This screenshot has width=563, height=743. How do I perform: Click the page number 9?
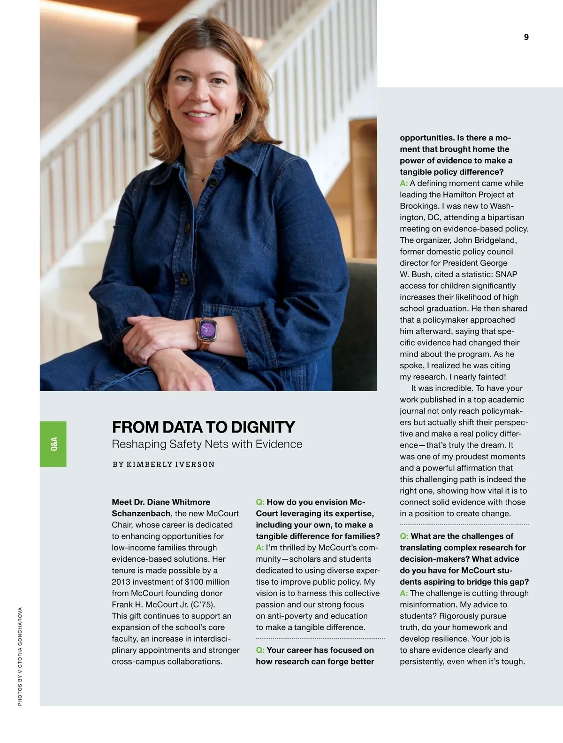pos(526,38)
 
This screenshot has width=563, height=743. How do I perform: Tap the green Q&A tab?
pos(53,444)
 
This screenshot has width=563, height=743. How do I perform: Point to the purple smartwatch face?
pos(207,328)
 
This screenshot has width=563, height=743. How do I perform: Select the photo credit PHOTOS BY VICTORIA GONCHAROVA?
pos(20,657)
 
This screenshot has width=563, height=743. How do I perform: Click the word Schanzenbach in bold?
pos(140,513)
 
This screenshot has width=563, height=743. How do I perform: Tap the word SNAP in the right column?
pos(506,274)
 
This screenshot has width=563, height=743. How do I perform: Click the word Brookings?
pos(417,206)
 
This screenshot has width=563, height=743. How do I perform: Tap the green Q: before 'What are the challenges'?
pos(404,536)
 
